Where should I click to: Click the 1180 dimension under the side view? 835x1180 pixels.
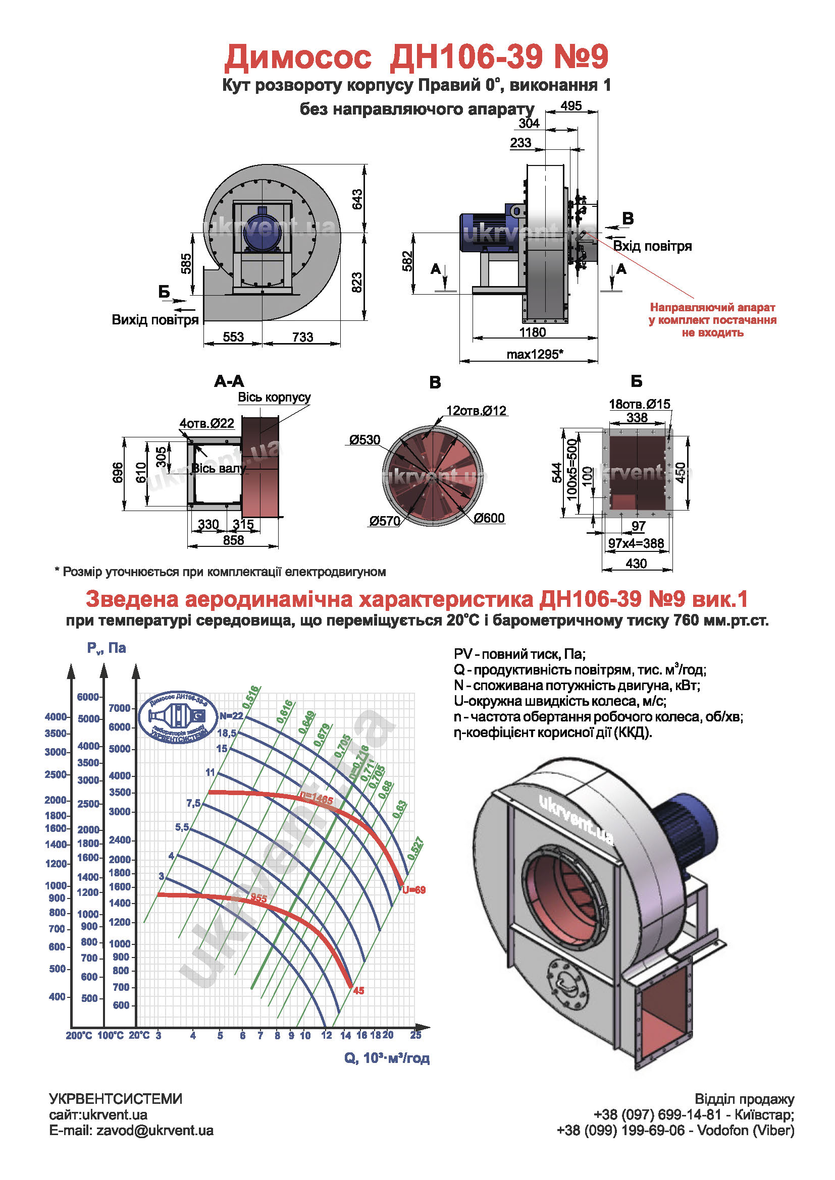click(532, 332)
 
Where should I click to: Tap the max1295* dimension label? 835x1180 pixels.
click(535, 354)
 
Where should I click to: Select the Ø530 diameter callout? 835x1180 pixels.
click(364, 440)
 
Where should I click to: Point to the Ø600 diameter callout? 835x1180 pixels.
click(489, 518)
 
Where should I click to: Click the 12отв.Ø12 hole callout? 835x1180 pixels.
click(476, 411)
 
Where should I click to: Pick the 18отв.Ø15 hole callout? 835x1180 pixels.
click(640, 404)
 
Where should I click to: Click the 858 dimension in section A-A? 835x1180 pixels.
click(233, 540)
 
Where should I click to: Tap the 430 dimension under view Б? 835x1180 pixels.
click(636, 564)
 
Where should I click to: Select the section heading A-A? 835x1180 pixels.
click(229, 381)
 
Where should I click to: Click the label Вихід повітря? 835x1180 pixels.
click(155, 320)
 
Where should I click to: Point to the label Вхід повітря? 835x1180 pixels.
click(652, 246)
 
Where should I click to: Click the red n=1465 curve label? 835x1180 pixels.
click(317, 800)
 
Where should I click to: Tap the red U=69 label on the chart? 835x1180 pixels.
click(414, 889)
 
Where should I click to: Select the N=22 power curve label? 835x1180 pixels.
click(231, 716)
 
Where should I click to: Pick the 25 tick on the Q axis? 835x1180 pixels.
click(415, 1035)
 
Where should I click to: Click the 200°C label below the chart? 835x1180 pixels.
click(79, 1035)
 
